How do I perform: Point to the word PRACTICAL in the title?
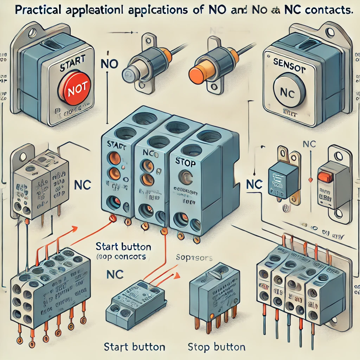click(38, 10)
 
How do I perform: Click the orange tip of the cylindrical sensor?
click(198, 72)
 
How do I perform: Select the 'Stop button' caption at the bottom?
click(217, 347)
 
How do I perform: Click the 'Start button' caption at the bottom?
click(135, 347)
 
